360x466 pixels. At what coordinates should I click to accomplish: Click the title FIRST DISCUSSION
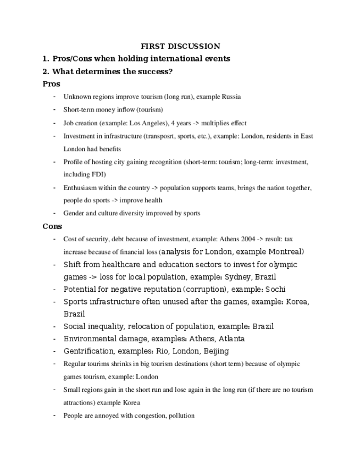(180, 46)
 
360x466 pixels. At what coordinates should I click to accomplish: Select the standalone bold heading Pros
(51, 84)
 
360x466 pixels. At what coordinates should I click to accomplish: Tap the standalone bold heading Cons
(52, 226)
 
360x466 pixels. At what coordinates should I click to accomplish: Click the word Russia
(231, 97)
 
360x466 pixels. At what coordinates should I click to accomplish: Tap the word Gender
(73, 213)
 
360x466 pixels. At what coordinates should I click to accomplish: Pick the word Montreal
(284, 252)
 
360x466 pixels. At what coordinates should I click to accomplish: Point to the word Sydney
(230, 277)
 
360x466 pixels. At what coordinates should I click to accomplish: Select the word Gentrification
(88, 351)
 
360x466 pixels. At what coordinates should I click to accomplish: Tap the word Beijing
(216, 351)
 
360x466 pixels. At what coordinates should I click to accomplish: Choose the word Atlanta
(231, 339)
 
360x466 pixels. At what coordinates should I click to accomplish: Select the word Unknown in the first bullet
(77, 97)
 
